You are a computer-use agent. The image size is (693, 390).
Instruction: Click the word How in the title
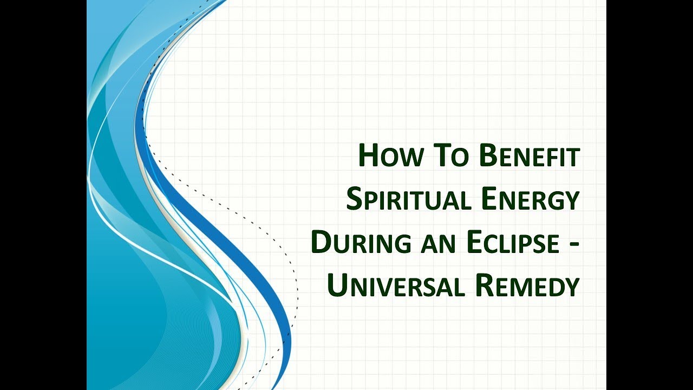click(391, 157)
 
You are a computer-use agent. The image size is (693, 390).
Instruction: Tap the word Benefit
click(529, 157)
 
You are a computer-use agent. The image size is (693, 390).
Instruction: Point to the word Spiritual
click(408, 200)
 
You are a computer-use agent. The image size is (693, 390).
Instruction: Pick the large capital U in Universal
click(337, 286)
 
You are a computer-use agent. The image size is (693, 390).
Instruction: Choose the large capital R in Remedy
click(485, 286)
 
